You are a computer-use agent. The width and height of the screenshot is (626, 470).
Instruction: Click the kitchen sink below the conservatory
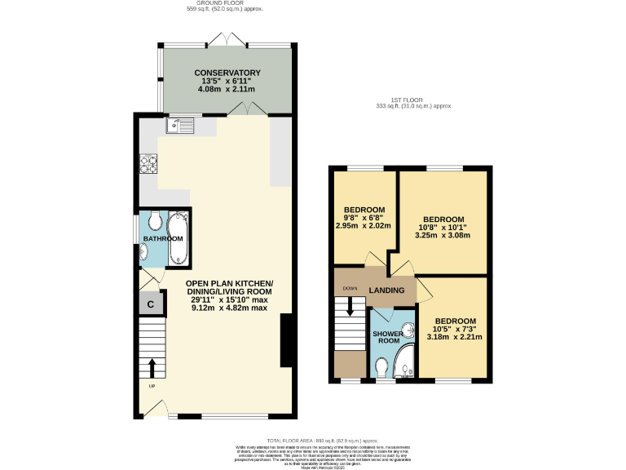pyautogui.click(x=179, y=126)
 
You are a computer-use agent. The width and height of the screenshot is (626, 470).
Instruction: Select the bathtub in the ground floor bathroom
pyautogui.click(x=178, y=238)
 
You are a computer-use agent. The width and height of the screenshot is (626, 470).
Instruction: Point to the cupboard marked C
pyautogui.click(x=149, y=304)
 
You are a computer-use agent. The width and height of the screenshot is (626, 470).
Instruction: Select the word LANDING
pyautogui.click(x=386, y=290)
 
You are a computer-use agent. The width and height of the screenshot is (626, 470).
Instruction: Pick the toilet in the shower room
pyautogui.click(x=383, y=369)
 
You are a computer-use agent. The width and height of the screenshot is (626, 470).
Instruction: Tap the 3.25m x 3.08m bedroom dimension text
pyautogui.click(x=443, y=235)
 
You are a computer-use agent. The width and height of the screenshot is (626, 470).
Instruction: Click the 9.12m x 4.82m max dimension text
pyautogui.click(x=229, y=308)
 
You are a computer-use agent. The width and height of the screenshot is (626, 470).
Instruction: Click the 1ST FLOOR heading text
pyautogui.click(x=413, y=100)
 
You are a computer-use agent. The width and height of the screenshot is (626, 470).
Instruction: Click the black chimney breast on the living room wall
pyautogui.click(x=285, y=342)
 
